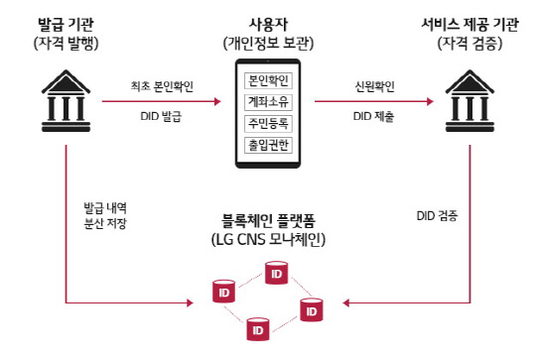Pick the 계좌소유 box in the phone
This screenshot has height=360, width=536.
pos(267,101)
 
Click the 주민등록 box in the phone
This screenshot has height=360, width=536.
pos(267,123)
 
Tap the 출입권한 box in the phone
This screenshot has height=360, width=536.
pos(267,146)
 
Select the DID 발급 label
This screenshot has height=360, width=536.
pos(161,117)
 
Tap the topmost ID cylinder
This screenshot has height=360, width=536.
pos(275,271)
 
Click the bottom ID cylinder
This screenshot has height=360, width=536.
pos(258,327)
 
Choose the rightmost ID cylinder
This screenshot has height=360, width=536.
pos(311,309)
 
